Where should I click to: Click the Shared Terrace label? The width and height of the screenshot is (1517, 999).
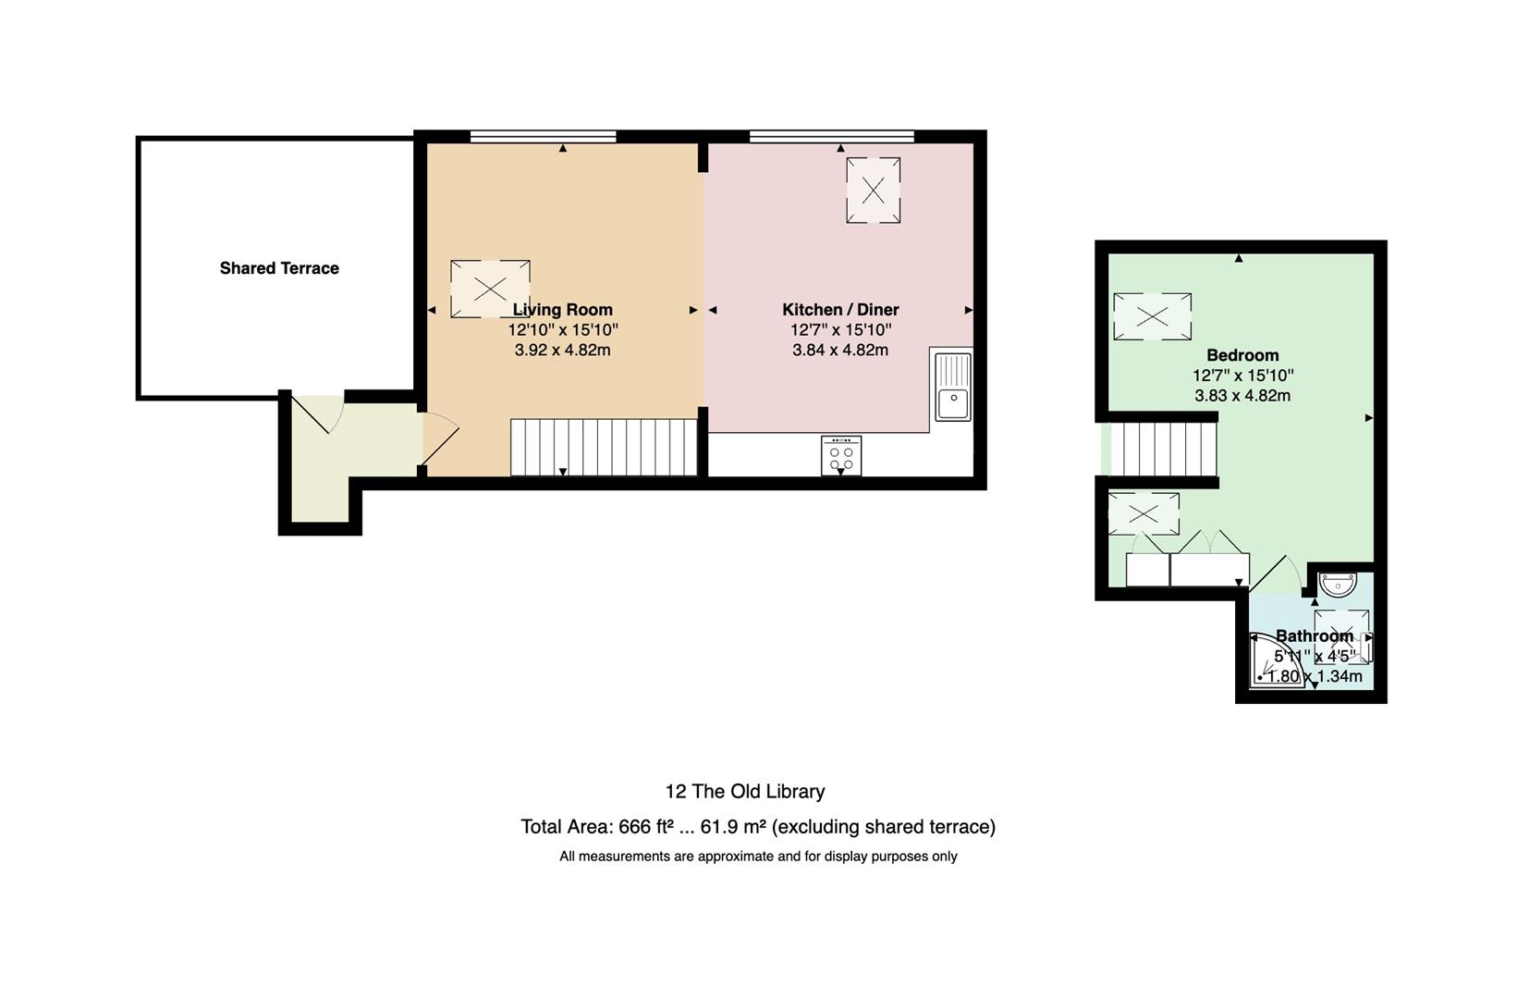[x=279, y=268]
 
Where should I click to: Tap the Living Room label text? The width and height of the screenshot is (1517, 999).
[x=563, y=310]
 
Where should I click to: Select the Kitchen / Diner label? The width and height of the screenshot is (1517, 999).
[x=840, y=310]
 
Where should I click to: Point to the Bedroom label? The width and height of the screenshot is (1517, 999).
[x=1242, y=355]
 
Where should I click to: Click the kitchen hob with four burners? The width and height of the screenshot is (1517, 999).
[x=841, y=455]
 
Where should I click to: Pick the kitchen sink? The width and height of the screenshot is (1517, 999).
[x=953, y=387]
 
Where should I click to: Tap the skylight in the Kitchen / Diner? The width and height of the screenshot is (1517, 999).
[x=873, y=191]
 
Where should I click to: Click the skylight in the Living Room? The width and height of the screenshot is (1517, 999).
[x=490, y=289]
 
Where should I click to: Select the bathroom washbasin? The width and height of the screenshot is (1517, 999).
[x=1339, y=585]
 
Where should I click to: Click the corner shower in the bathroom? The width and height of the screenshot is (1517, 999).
[x=1273, y=661]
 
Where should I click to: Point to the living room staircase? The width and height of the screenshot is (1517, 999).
[x=604, y=448]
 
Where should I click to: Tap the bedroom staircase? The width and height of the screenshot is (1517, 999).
[x=1164, y=450]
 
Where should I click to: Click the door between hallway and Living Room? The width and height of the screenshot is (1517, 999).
[x=440, y=439]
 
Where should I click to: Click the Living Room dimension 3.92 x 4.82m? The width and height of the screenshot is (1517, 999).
[x=563, y=351]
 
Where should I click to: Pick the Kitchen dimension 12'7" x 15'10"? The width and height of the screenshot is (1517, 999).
[x=840, y=330]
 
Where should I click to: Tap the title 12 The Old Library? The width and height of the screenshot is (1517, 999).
[x=745, y=792]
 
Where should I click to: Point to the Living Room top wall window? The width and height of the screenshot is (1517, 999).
[x=544, y=136]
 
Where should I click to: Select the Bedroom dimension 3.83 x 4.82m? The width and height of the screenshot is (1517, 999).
[x=1242, y=396]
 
